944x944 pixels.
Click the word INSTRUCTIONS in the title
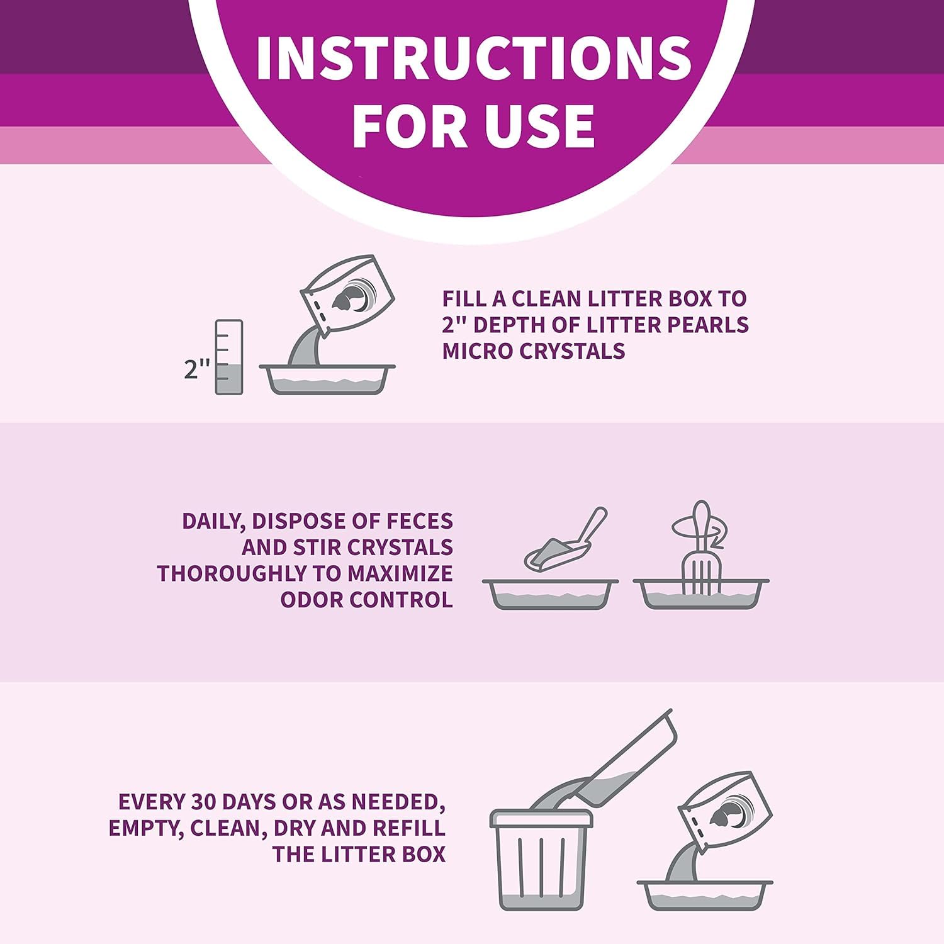tap(473, 57)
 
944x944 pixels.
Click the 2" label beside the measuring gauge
tap(196, 369)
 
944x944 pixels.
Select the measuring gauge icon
tap(228, 357)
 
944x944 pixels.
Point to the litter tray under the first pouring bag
tap(327, 379)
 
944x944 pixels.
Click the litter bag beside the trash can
tap(727, 812)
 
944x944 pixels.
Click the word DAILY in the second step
tap(208, 521)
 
